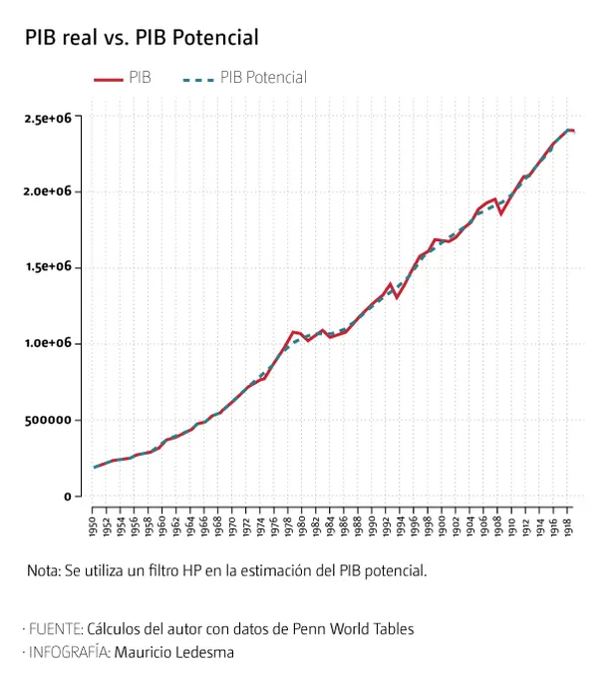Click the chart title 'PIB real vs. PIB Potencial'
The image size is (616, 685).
142,38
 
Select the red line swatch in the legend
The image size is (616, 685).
108,78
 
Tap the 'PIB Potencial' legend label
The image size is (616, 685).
263,78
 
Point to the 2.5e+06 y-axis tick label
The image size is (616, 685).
47,118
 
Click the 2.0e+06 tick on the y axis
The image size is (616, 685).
47,191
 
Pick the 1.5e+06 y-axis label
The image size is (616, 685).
47,267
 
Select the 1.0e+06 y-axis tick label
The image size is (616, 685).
47,343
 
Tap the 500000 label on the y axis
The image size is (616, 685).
49,420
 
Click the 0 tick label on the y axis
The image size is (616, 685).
67,497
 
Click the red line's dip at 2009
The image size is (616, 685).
501,213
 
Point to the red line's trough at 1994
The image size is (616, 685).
397,297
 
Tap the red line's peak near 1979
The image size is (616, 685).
293,332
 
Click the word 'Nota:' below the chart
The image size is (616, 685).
45,571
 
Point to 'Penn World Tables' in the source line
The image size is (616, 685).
355,629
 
